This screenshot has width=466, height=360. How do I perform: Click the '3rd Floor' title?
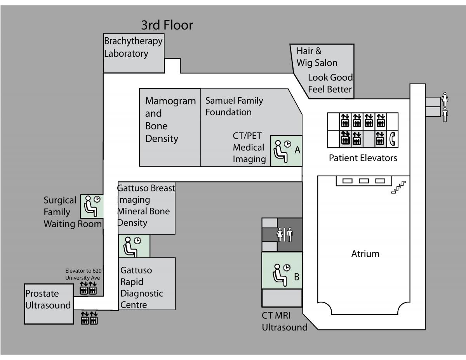click(x=167, y=26)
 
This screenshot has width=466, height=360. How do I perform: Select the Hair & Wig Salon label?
click(x=317, y=57)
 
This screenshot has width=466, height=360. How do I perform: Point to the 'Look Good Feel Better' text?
click(x=330, y=83)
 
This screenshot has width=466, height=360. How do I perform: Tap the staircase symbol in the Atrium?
click(x=399, y=187)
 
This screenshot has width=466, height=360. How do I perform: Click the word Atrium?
click(x=365, y=254)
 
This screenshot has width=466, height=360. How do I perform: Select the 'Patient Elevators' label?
click(x=363, y=158)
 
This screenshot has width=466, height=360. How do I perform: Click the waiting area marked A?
click(x=286, y=151)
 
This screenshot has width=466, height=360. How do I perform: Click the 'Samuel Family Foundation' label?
click(x=234, y=106)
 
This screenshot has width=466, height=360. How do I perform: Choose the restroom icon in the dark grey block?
click(x=284, y=235)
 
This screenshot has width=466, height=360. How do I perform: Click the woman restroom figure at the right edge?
click(x=445, y=99)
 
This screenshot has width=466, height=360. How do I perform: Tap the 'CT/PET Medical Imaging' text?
click(x=249, y=148)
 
